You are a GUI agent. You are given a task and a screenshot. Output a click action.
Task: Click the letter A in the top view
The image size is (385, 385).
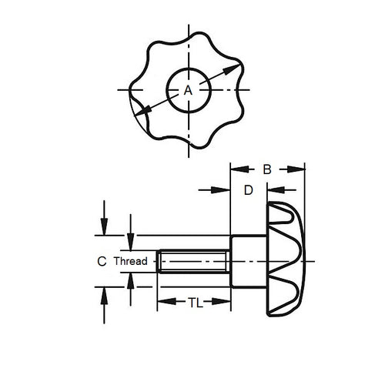pyautogui.click(x=187, y=90)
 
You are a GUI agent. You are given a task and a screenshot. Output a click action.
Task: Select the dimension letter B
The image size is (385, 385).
pyautogui.click(x=266, y=169)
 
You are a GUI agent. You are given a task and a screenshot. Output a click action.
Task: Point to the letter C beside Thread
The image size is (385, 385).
pyautogui.click(x=101, y=262)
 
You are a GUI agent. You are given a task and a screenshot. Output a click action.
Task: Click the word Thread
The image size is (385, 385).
pyautogui.click(x=130, y=262)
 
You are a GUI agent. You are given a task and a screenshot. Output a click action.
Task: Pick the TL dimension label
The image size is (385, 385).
pyautogui.click(x=194, y=303)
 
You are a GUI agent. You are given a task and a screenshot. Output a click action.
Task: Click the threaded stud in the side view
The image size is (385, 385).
pyautogui.click(x=192, y=262)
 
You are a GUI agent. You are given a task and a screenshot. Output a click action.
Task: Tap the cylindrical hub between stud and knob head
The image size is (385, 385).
pyautogui.click(x=248, y=262)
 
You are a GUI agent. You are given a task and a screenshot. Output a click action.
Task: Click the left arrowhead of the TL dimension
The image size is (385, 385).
pyautogui.click(x=162, y=303)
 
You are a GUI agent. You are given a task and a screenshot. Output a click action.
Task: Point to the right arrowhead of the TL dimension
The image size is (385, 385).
pyautogui.click(x=226, y=303)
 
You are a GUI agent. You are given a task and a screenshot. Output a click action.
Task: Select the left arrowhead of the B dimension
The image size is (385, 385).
pyautogui.click(x=237, y=169)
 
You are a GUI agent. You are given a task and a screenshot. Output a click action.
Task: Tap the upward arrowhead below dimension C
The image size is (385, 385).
pyautogui.click(x=102, y=293)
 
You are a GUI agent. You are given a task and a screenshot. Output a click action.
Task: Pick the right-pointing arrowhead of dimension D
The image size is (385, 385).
pyautogui.click(x=226, y=189)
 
